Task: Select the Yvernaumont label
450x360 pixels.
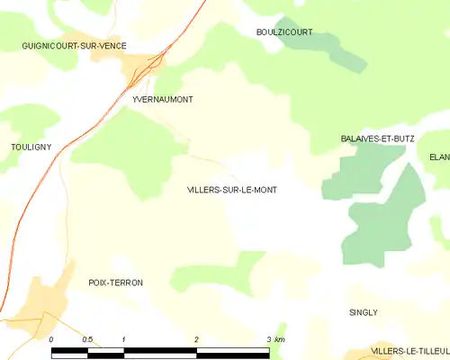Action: click(162, 100)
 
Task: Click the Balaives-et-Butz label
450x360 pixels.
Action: click(377, 139)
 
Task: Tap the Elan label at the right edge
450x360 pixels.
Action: click(439, 157)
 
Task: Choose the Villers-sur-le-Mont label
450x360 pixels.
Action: click(231, 190)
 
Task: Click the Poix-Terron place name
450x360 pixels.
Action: click(115, 283)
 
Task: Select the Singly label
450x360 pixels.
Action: click(364, 312)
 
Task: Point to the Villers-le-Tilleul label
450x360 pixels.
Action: click(409, 351)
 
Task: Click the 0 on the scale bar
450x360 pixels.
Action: click(51, 339)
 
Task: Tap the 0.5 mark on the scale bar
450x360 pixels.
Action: click(87, 339)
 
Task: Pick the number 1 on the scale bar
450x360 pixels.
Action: click(123, 339)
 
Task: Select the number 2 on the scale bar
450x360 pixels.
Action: click(196, 339)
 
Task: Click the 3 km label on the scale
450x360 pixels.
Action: click(275, 339)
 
